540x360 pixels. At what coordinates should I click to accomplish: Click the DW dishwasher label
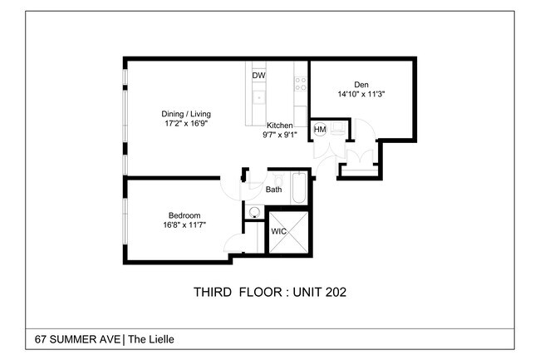coord(258,76)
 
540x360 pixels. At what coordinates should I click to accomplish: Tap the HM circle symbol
coord(320,130)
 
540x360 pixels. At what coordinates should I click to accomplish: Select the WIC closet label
coord(278,232)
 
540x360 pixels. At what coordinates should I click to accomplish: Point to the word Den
coord(361,84)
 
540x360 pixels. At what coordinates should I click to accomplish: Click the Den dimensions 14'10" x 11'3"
coord(361,94)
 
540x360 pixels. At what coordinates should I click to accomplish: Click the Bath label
coord(273,190)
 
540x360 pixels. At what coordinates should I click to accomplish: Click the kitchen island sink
coord(258,97)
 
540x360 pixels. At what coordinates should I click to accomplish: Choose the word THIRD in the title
coord(213,292)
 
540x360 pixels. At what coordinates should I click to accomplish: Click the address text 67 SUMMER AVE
coord(77,339)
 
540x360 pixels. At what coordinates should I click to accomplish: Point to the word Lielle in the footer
coord(160,339)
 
